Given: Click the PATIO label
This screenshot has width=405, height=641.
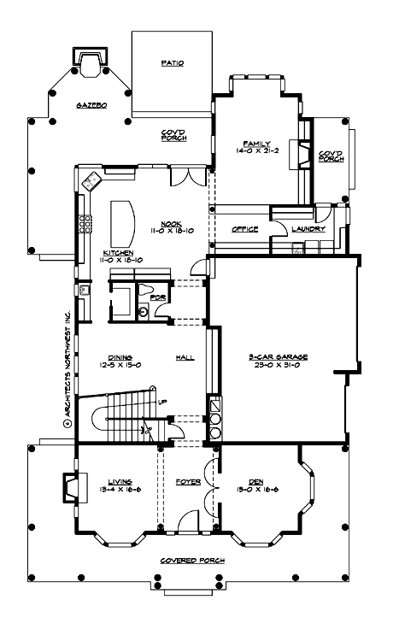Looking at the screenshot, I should [x=173, y=63].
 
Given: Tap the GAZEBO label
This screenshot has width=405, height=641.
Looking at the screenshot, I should [x=91, y=104].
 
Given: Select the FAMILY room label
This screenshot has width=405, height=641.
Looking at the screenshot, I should [x=255, y=144].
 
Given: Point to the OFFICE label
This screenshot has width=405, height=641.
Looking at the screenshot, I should [x=246, y=229].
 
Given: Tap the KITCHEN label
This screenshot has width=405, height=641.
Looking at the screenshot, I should [x=119, y=253].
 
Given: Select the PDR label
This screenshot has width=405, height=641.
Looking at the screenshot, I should [x=156, y=297].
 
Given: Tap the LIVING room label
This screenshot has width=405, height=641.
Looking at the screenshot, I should [x=117, y=481].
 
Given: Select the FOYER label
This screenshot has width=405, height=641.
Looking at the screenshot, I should [x=188, y=481].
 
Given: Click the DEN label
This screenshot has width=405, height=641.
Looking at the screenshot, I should [x=255, y=481].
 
